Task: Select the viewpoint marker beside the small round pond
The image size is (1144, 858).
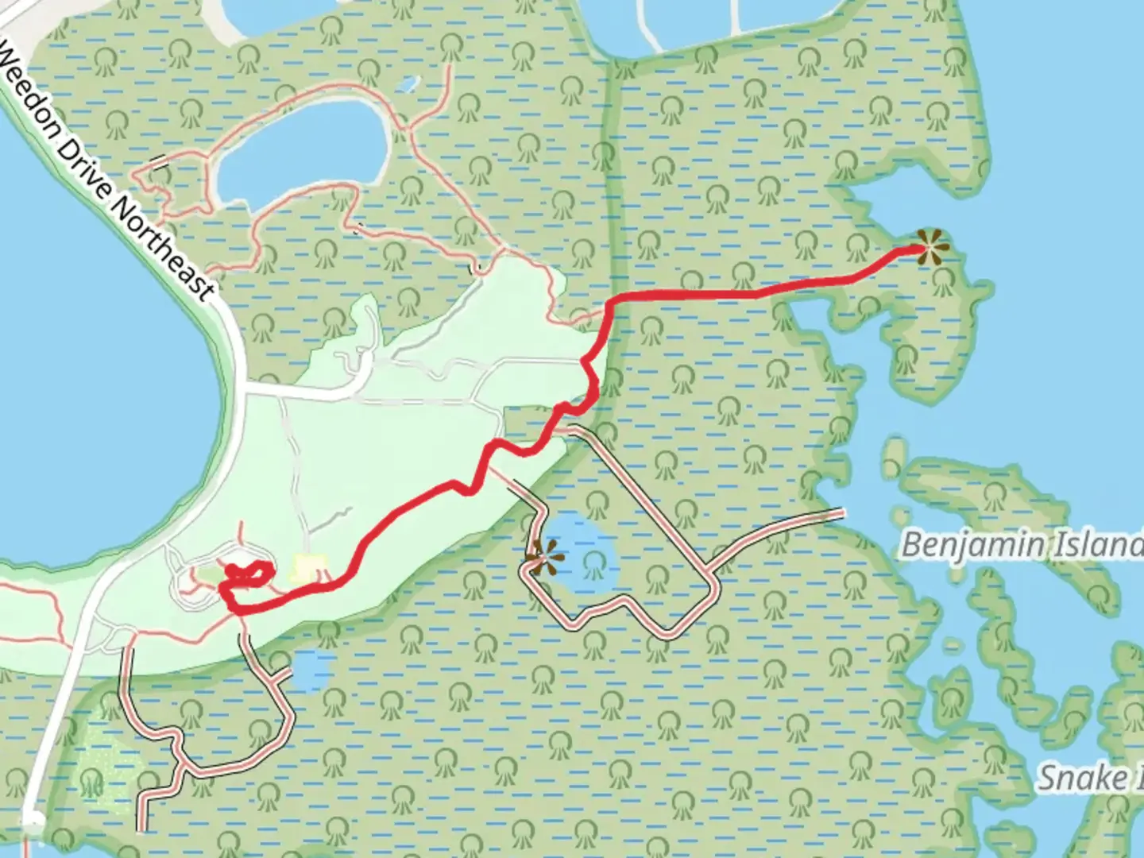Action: [x=544, y=557]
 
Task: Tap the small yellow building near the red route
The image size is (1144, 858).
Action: [x=309, y=568]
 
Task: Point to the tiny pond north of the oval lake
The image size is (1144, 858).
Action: [x=407, y=83]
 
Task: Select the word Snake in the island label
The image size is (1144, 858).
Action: [x=1072, y=777]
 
